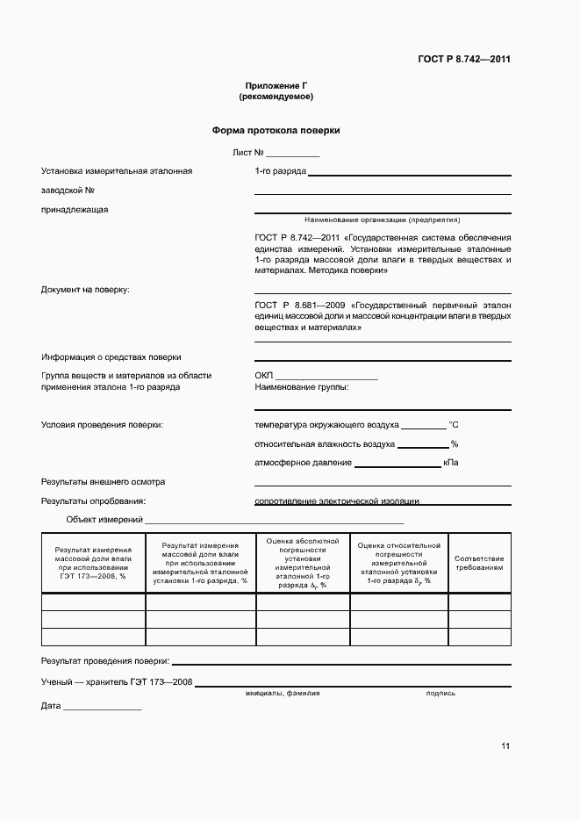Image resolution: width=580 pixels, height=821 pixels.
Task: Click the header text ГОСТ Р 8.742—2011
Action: point(464,60)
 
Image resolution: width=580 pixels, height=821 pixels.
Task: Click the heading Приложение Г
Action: point(276,85)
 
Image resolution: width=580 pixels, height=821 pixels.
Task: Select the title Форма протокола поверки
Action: point(276,130)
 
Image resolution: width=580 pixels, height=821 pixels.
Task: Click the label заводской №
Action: point(68,190)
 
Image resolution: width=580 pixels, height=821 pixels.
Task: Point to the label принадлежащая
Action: point(75,209)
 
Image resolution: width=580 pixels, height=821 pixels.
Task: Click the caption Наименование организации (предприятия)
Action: point(382,220)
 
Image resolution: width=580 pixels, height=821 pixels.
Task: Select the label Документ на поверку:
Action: point(85,289)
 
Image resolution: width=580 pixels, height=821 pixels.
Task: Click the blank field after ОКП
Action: point(326,375)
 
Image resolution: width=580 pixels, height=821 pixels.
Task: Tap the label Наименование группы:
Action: point(301,386)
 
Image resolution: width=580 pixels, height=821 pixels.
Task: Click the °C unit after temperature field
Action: point(454,424)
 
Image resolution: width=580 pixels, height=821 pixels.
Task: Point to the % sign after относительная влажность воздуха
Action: point(455,444)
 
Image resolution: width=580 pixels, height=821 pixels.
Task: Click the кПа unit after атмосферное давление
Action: point(451,463)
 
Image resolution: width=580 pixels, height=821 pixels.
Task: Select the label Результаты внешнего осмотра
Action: point(104,482)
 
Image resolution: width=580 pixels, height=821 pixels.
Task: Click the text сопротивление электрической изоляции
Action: point(337,501)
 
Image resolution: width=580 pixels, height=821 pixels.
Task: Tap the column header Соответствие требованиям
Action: point(479,563)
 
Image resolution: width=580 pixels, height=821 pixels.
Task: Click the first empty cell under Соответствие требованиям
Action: point(479,601)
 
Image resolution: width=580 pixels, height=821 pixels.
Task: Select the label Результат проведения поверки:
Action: point(105,660)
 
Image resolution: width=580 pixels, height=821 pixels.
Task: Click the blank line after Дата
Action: point(102,706)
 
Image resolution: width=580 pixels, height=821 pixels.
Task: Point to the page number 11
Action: point(505,746)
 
